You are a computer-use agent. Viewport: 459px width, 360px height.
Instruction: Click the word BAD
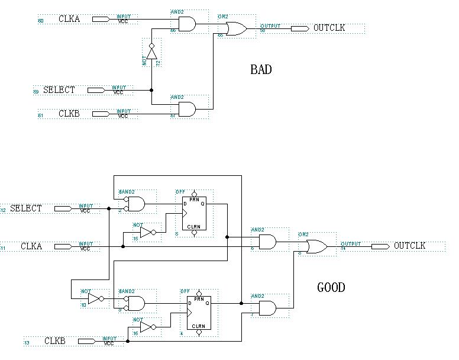click(261, 70)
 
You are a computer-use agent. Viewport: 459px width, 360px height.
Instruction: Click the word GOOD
click(331, 288)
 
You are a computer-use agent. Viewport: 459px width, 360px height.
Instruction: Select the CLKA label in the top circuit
click(69, 19)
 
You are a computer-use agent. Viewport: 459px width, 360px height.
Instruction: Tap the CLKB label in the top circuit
click(69, 113)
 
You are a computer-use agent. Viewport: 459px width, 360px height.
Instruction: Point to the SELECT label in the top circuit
click(59, 90)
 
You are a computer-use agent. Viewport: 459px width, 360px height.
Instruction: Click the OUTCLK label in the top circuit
click(329, 28)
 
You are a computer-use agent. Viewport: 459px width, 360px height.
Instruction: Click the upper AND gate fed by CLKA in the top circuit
click(187, 24)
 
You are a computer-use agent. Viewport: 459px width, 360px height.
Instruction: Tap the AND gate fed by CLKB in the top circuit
click(187, 109)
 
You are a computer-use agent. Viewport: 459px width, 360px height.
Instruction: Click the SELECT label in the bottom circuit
click(26, 208)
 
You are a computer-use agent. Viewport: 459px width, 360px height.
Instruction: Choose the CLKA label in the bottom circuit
click(31, 246)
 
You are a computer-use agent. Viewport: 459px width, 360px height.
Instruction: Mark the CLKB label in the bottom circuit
click(55, 341)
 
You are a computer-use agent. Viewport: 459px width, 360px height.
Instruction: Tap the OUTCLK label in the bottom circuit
click(410, 246)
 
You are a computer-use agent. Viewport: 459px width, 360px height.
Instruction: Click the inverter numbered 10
click(95, 298)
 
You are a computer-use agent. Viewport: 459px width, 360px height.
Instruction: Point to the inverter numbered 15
click(147, 232)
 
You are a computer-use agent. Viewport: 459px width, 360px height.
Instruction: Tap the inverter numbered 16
click(147, 327)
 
